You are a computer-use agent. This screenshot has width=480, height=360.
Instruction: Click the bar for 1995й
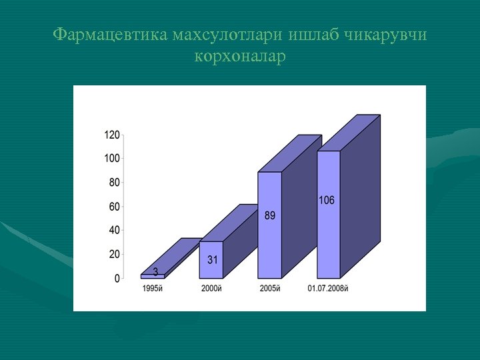[152, 276]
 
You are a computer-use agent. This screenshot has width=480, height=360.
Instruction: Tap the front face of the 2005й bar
[269, 225]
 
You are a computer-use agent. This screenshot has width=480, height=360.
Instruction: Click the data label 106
[327, 200]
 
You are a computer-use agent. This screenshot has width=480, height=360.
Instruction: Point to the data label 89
[269, 215]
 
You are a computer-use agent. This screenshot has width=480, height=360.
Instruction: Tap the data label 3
[155, 271]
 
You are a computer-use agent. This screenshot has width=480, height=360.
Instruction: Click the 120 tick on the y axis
[111, 135]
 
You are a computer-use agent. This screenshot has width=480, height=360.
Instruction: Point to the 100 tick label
[111, 159]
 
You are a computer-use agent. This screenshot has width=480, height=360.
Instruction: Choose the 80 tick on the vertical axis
[114, 182]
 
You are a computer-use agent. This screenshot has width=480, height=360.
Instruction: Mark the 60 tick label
[114, 207]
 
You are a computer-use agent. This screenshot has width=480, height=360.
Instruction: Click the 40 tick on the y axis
[114, 230]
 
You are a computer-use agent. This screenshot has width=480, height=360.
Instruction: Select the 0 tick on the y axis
[117, 278]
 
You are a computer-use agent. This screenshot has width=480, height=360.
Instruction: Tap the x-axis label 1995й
[152, 289]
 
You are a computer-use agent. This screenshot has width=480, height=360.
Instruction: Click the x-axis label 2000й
[211, 289]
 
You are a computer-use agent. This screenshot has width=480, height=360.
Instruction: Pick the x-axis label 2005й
[269, 289]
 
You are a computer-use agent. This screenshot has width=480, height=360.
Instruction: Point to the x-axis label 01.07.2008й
[328, 289]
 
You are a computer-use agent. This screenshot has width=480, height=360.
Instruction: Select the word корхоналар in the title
[240, 56]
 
